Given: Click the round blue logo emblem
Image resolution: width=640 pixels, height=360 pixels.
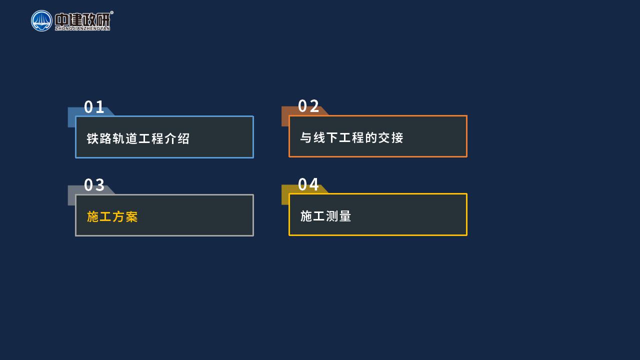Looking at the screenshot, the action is tap(41, 21).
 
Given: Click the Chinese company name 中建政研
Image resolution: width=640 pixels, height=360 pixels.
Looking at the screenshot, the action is tap(82, 19).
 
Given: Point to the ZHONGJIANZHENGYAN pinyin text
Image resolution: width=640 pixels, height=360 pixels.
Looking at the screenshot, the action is tap(82, 28).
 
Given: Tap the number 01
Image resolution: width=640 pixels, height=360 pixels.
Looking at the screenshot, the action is tap(94, 107).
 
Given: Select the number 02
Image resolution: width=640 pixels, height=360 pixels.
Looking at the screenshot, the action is tap(308, 106).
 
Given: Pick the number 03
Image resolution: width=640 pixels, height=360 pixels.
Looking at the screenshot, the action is tap(94, 185).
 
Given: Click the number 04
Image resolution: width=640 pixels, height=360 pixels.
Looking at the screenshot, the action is tap(308, 184).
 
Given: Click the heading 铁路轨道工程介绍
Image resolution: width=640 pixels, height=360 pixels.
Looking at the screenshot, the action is tap(138, 138).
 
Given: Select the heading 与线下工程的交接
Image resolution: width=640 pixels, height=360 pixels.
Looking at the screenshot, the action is tap(351, 137).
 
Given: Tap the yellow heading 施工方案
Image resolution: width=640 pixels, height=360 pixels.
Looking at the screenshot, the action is tap(112, 216).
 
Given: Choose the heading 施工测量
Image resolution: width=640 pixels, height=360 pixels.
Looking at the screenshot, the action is tap(325, 216).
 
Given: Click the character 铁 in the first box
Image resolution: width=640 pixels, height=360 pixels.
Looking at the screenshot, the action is tap(92, 138).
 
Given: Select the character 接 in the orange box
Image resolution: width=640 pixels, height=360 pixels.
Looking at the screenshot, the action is tap(397, 137).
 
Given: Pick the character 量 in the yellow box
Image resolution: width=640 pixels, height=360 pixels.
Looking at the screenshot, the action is tap(345, 216).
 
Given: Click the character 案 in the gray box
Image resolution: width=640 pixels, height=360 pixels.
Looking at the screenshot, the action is tap(131, 216).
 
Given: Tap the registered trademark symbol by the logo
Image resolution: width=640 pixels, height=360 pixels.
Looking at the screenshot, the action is tap(111, 12).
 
